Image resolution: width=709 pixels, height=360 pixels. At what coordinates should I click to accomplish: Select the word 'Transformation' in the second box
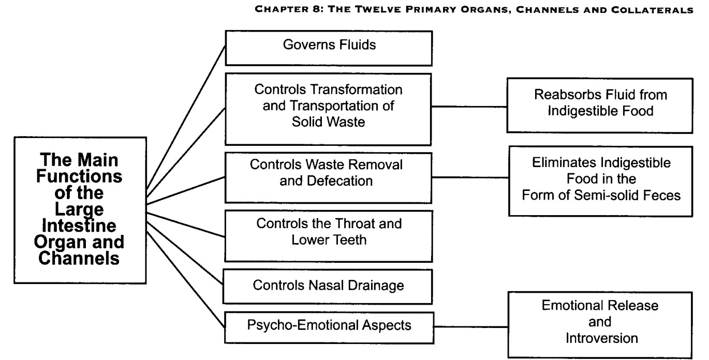coord(357,89)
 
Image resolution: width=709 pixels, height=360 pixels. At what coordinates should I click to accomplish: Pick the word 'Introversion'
coord(602,338)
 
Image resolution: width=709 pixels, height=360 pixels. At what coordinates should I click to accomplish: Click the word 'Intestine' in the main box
coord(79,226)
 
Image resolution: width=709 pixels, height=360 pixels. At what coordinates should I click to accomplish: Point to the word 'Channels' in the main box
coord(79,258)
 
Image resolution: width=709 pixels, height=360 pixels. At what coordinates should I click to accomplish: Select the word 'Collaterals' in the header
coord(652,10)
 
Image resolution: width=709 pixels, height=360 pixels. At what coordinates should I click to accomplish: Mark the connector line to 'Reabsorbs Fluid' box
coord(469,107)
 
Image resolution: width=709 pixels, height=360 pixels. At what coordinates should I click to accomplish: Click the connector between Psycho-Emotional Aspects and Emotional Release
coord(471,327)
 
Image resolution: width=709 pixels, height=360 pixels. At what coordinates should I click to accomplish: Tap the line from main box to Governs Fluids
coord(186,117)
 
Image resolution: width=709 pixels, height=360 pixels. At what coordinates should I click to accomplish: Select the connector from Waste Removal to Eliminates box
coord(470,177)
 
